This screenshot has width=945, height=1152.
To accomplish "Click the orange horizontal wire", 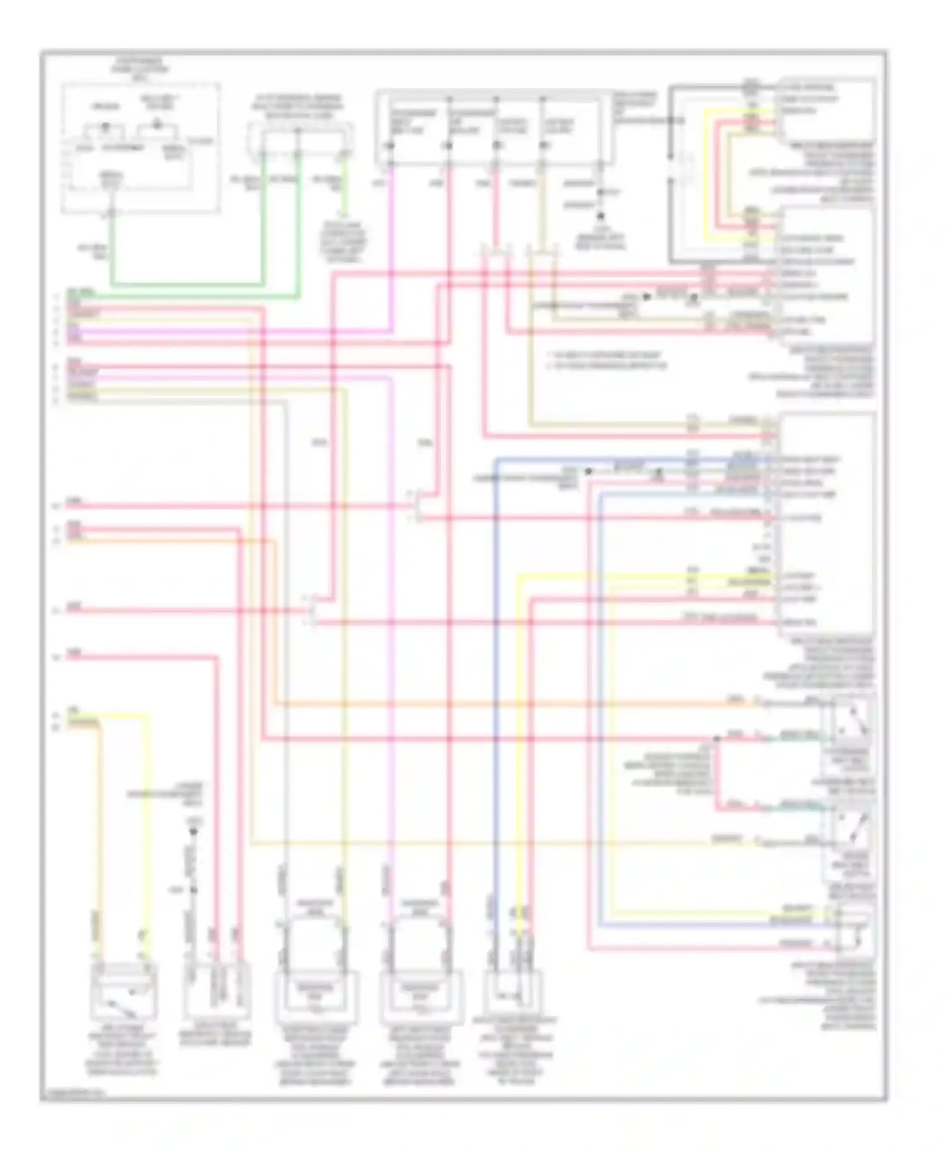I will (504, 703).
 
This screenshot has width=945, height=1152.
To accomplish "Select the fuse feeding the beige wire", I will (543, 146).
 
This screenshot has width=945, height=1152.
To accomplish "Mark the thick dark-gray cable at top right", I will (672, 176).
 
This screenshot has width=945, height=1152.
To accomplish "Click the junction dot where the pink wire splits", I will (716, 738).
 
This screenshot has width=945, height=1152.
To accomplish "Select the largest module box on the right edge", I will (827, 523).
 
